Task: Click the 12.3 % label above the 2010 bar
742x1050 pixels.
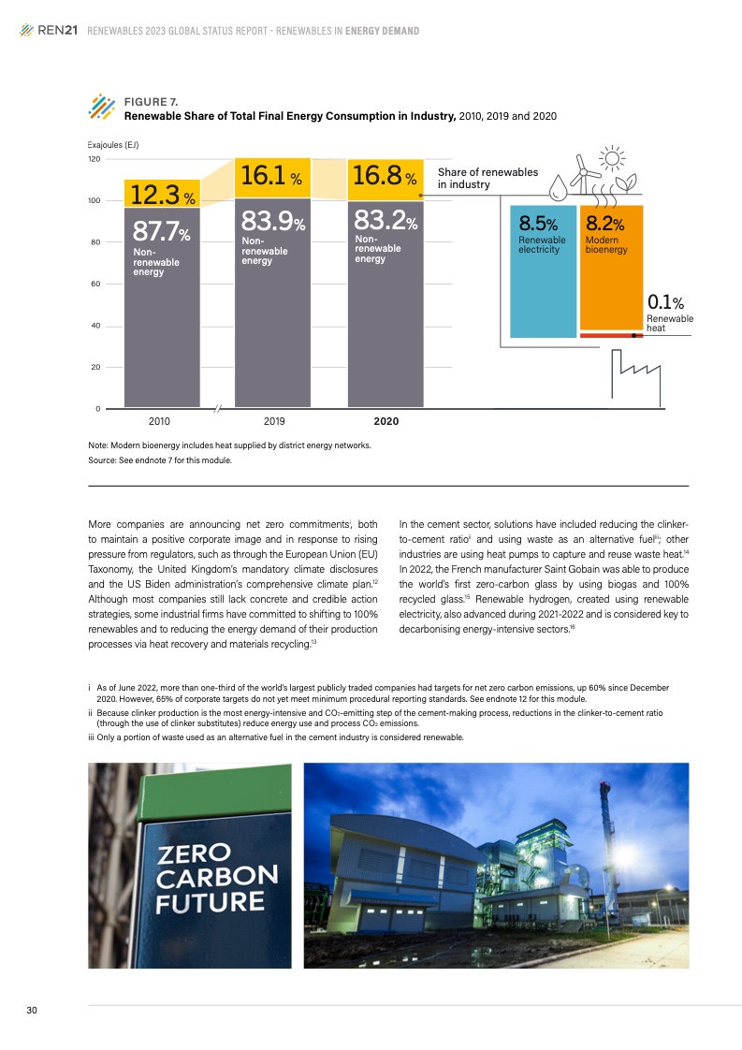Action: tap(162, 195)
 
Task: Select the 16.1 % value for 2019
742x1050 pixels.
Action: tap(270, 176)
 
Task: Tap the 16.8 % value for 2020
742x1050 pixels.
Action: tap(383, 176)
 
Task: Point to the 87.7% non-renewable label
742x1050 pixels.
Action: tap(160, 231)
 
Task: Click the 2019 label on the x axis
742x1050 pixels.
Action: tap(273, 421)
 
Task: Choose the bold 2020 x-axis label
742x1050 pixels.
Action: tap(386, 421)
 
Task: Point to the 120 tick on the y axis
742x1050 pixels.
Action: tap(95, 159)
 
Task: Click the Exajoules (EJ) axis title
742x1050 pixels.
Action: tap(112, 144)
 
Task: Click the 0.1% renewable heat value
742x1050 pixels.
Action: tap(665, 302)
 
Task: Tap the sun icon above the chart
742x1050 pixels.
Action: tap(613, 161)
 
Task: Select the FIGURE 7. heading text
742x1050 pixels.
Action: tap(151, 101)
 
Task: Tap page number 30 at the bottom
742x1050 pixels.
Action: tap(31, 1010)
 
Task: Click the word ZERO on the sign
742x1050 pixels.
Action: tap(194, 853)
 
